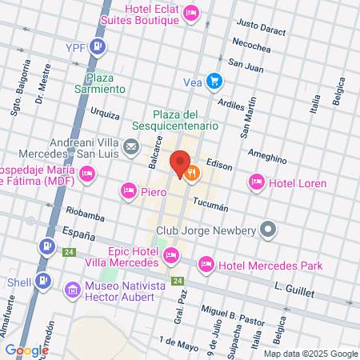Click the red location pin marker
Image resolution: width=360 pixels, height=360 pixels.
click(x=180, y=162)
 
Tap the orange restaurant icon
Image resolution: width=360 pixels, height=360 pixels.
click(x=191, y=171)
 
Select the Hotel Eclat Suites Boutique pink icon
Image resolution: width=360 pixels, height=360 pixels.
click(x=191, y=13)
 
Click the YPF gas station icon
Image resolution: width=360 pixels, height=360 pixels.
click(x=98, y=46)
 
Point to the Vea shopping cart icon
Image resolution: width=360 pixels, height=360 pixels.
click(x=214, y=80)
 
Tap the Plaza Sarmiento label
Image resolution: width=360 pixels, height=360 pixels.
click(x=106, y=83)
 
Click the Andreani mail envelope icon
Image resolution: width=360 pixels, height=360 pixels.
click(x=131, y=146)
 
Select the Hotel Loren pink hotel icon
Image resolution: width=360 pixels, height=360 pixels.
click(x=257, y=182)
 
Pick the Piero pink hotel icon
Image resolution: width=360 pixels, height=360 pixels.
click(x=128, y=190)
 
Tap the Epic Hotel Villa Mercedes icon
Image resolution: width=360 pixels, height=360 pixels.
click(x=170, y=256)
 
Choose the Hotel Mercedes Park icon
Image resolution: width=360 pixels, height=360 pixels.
click(x=206, y=264)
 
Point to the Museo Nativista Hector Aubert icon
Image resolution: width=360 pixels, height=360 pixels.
click(x=73, y=288)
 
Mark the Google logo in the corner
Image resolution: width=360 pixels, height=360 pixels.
click(x=26, y=350)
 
